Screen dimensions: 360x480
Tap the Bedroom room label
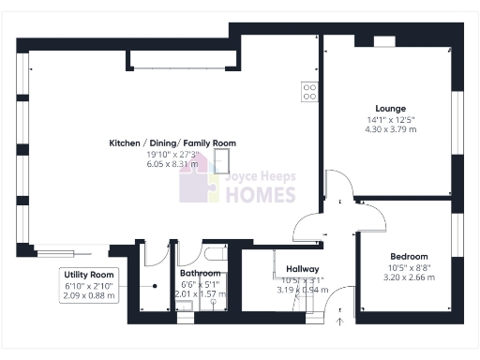point(409,257)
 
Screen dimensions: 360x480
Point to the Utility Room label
point(90,275)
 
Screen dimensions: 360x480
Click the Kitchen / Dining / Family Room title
point(172,143)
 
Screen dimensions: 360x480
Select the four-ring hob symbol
point(307,92)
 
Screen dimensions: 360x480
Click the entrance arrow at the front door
point(339,322)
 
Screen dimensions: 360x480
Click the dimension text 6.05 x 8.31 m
point(172,164)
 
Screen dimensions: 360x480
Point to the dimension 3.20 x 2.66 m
point(409,277)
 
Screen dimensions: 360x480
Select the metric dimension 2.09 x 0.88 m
point(90,295)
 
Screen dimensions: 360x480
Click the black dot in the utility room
point(155,286)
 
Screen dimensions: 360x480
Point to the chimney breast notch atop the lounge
point(384,41)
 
